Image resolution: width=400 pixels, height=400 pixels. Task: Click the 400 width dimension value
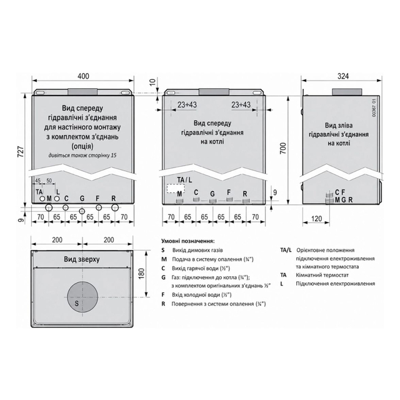pos(83,76)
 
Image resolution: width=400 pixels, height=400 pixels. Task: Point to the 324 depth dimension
pos(343,76)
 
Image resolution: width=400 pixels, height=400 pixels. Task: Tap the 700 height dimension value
pos(283,148)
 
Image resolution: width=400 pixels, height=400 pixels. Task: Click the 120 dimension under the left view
pos(317,219)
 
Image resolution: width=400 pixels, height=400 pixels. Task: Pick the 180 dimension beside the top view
pos(142,274)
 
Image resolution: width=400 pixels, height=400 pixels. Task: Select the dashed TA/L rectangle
pos(176,189)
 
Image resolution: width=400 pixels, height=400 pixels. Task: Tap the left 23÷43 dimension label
pos(187,104)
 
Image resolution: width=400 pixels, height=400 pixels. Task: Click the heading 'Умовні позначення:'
pos(188,241)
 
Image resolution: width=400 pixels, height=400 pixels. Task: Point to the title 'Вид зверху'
pos(82,259)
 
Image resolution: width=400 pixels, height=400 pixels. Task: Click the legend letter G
pos(163,277)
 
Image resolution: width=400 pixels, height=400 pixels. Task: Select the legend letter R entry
pos(163,304)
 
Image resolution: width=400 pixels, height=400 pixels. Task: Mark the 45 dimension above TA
pos(37,181)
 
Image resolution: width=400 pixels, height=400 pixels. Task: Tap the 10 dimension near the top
pos(152,82)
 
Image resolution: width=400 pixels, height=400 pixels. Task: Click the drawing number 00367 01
pos(374,108)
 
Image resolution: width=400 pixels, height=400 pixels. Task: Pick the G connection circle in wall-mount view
pos(82,211)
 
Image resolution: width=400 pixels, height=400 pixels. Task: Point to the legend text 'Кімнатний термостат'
pos(322,275)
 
